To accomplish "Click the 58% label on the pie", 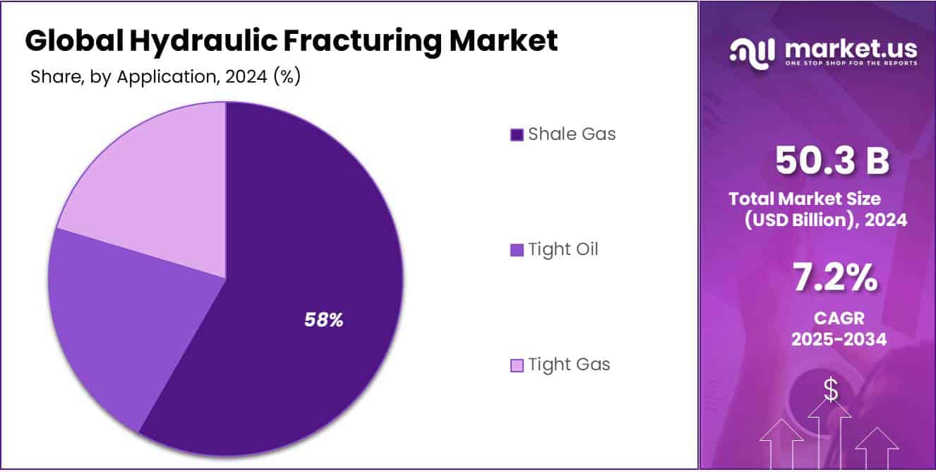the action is [x=324, y=320].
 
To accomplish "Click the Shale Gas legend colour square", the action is [x=517, y=135].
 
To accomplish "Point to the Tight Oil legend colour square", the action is [x=517, y=250].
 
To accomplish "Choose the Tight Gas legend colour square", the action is [x=517, y=365].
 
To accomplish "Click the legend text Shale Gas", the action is [x=572, y=134].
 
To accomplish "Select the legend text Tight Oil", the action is [x=563, y=249].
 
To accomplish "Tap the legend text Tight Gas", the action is [x=569, y=365].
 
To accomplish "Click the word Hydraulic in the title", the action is [x=203, y=42].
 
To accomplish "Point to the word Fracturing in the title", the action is [x=363, y=42].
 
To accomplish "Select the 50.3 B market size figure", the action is [x=832, y=160].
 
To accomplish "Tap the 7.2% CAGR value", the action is [x=835, y=277].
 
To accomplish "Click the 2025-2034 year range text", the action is [x=839, y=339].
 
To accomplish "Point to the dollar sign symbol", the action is [x=831, y=389].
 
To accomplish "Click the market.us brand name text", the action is [x=851, y=49].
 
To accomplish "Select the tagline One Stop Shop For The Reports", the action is [x=851, y=63].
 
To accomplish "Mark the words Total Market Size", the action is [x=805, y=199].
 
